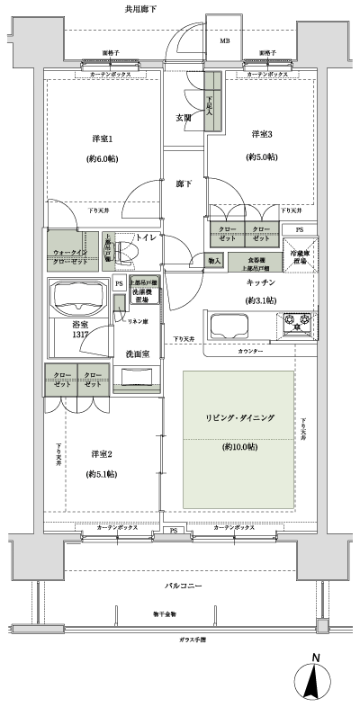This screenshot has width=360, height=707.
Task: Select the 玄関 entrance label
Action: coord(182,118)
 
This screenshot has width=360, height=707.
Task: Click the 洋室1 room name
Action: coord(101,139)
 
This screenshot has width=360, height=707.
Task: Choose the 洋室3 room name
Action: coord(262,134)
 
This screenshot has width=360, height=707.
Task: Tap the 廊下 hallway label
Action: coord(184,183)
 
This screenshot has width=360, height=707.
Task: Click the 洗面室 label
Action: coord(137,353)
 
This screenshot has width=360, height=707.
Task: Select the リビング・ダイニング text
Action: coord(239,419)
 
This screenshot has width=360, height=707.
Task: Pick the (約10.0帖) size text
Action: coord(239,446)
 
